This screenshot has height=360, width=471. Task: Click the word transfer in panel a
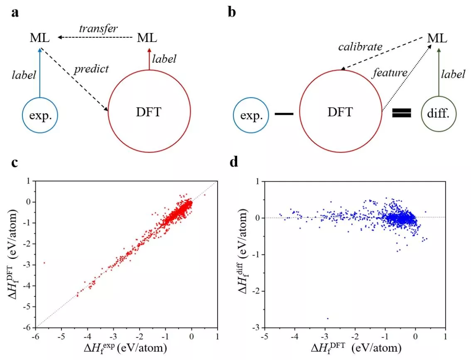click(x=98, y=29)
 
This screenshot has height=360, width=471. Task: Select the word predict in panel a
click(x=91, y=69)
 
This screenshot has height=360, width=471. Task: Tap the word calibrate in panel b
click(x=360, y=47)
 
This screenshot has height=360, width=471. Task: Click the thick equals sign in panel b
click(x=402, y=113)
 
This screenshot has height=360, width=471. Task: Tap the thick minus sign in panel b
click(x=284, y=113)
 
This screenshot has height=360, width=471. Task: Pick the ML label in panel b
click(x=437, y=38)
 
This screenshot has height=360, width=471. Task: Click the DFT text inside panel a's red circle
click(x=148, y=112)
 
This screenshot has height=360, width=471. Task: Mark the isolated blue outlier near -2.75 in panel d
click(x=328, y=318)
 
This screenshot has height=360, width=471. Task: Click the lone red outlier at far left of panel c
click(x=44, y=263)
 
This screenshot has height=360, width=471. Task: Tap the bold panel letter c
click(x=15, y=163)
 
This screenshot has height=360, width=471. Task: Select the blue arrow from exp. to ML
click(x=40, y=72)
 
